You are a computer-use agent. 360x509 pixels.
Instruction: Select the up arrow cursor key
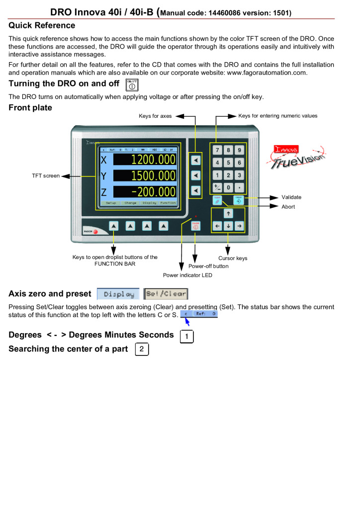(228, 214)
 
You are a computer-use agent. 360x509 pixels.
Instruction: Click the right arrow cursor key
(239, 226)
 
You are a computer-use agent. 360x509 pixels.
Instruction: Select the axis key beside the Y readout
(196, 175)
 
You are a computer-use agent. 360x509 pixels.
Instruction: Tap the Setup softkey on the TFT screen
(111, 203)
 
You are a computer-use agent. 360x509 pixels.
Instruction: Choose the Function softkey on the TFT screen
(168, 203)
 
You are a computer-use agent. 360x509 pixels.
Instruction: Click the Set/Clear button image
(166, 294)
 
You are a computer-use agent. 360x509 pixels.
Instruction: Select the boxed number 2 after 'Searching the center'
(142, 349)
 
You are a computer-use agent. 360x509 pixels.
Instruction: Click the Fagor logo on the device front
(90, 231)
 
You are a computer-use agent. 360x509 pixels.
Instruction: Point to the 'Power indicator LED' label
(187, 275)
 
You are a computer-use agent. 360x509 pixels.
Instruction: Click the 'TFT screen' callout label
(46, 175)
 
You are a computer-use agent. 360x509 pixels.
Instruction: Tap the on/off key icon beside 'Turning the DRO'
(132, 85)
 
